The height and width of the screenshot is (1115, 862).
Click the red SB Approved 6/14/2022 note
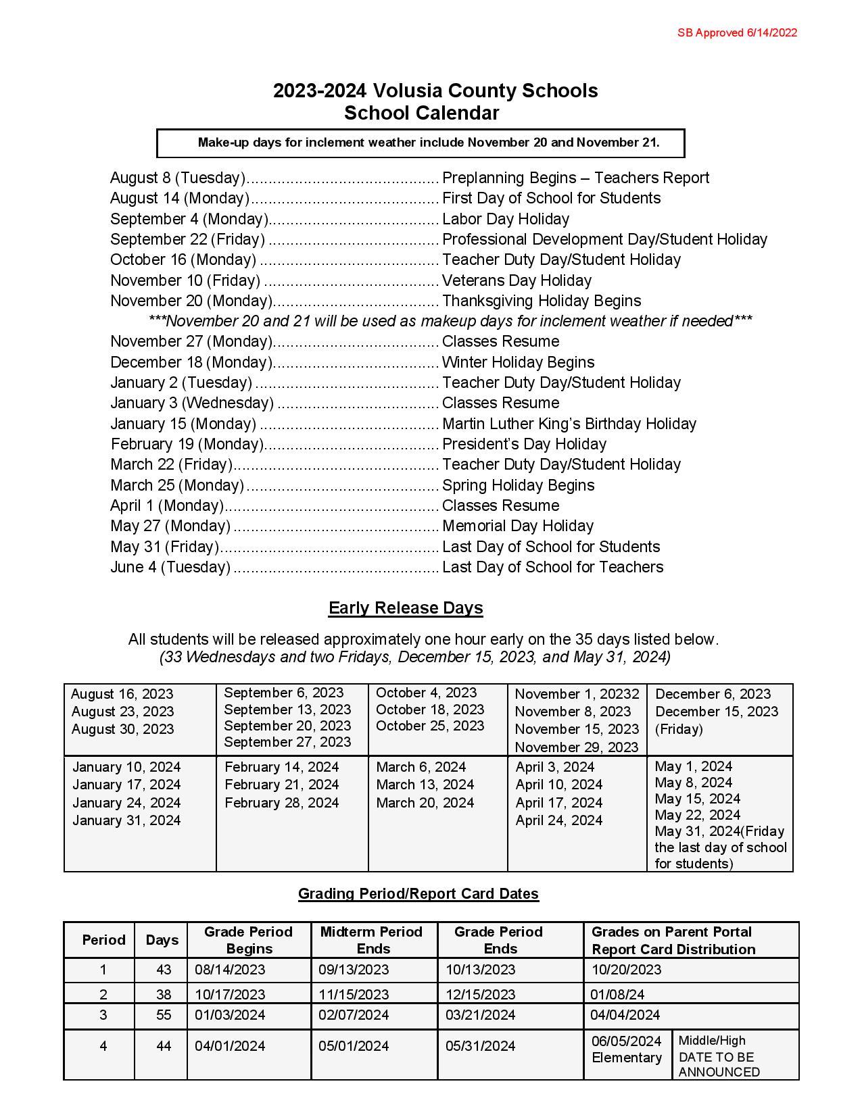coord(737,32)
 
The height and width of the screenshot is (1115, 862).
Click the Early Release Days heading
coord(406,608)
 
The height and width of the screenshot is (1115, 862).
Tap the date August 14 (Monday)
coord(180,199)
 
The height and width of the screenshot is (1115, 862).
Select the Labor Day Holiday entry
coord(505,219)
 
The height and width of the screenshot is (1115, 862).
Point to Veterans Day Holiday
coord(517,280)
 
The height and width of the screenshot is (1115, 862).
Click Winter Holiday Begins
coord(518,362)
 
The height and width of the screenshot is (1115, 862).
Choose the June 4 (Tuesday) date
coord(170,567)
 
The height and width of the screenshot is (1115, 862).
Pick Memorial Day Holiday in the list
coord(517,526)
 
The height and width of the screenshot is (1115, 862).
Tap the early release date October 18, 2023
coord(430,710)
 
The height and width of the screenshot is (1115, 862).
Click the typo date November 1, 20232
coord(577,694)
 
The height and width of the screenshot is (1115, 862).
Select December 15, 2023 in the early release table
coord(717,712)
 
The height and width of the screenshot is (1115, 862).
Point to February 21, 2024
coord(282,785)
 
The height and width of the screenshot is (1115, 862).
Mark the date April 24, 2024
coord(559,820)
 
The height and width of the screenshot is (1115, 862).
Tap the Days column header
coord(162,940)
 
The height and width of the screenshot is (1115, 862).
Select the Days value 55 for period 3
coord(164,1015)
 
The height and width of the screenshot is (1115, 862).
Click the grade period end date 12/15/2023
coord(480,995)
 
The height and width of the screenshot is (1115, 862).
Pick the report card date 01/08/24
coord(617,995)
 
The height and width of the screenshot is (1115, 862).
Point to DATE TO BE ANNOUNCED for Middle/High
coord(719,1064)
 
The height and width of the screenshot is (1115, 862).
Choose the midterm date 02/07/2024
coord(354,1015)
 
